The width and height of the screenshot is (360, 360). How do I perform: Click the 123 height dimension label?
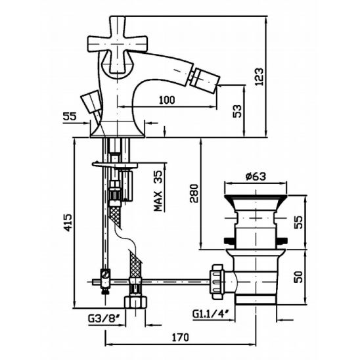(x=259, y=77)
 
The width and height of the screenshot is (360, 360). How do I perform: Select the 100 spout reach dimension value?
(x=167, y=100)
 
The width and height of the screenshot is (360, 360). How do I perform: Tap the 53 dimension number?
(x=237, y=112)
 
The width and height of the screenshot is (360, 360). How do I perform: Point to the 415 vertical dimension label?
(x=68, y=223)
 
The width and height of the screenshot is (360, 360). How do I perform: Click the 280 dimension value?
(x=194, y=193)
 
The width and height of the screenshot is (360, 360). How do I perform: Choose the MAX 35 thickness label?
(x=158, y=191)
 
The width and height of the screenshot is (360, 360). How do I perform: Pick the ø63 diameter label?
(x=256, y=176)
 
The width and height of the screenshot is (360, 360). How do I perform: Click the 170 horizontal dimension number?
(x=181, y=337)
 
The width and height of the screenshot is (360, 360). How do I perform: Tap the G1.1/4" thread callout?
(x=211, y=313)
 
